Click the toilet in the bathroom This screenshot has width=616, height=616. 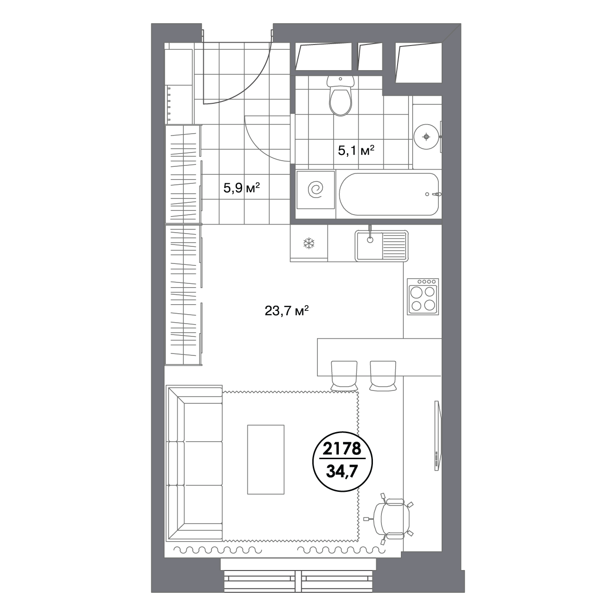click(340, 96)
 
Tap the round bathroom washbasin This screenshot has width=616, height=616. click(426, 137)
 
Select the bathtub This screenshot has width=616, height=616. click(389, 194)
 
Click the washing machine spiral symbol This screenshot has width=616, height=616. click(315, 190)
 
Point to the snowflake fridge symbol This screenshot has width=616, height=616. click(309, 244)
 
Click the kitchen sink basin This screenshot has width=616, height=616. click(370, 245)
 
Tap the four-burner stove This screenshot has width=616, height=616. click(423, 296)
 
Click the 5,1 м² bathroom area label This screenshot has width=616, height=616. click(356, 150)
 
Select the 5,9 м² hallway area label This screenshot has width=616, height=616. click(241, 188)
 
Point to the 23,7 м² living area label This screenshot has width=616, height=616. click(286, 311)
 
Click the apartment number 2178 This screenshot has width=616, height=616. click(342, 449)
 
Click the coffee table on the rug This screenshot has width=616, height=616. click(266, 459)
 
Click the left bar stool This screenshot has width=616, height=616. click(344, 375)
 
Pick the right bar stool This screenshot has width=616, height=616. click(383, 375)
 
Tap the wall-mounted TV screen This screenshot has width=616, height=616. click(438, 435)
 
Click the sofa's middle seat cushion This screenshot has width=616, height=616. click(203, 463)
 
